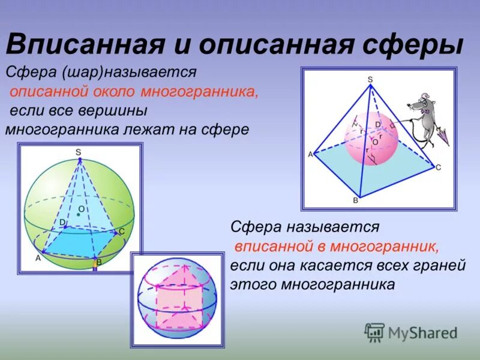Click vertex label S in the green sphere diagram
click(x=79, y=152)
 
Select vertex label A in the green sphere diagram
click(x=38, y=258)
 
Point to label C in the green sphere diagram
click(x=122, y=232)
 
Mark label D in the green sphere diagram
click(x=62, y=222)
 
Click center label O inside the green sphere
click(x=81, y=209)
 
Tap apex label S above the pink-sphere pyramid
click(x=370, y=79)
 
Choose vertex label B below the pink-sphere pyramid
click(x=355, y=200)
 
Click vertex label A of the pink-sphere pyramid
click(x=310, y=154)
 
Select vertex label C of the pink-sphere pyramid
click(x=438, y=167)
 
